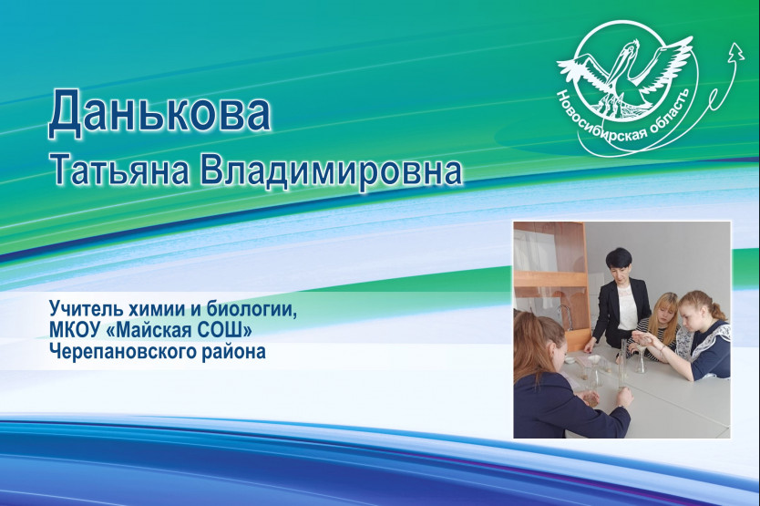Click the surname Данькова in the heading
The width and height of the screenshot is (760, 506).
159,113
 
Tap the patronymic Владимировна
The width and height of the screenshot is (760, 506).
331,170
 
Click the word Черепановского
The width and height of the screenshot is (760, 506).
122,351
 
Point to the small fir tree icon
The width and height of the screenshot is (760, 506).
737,51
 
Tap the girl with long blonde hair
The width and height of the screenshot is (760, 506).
661,323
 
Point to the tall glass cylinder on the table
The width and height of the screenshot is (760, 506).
624,364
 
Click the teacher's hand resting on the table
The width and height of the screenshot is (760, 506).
589,348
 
